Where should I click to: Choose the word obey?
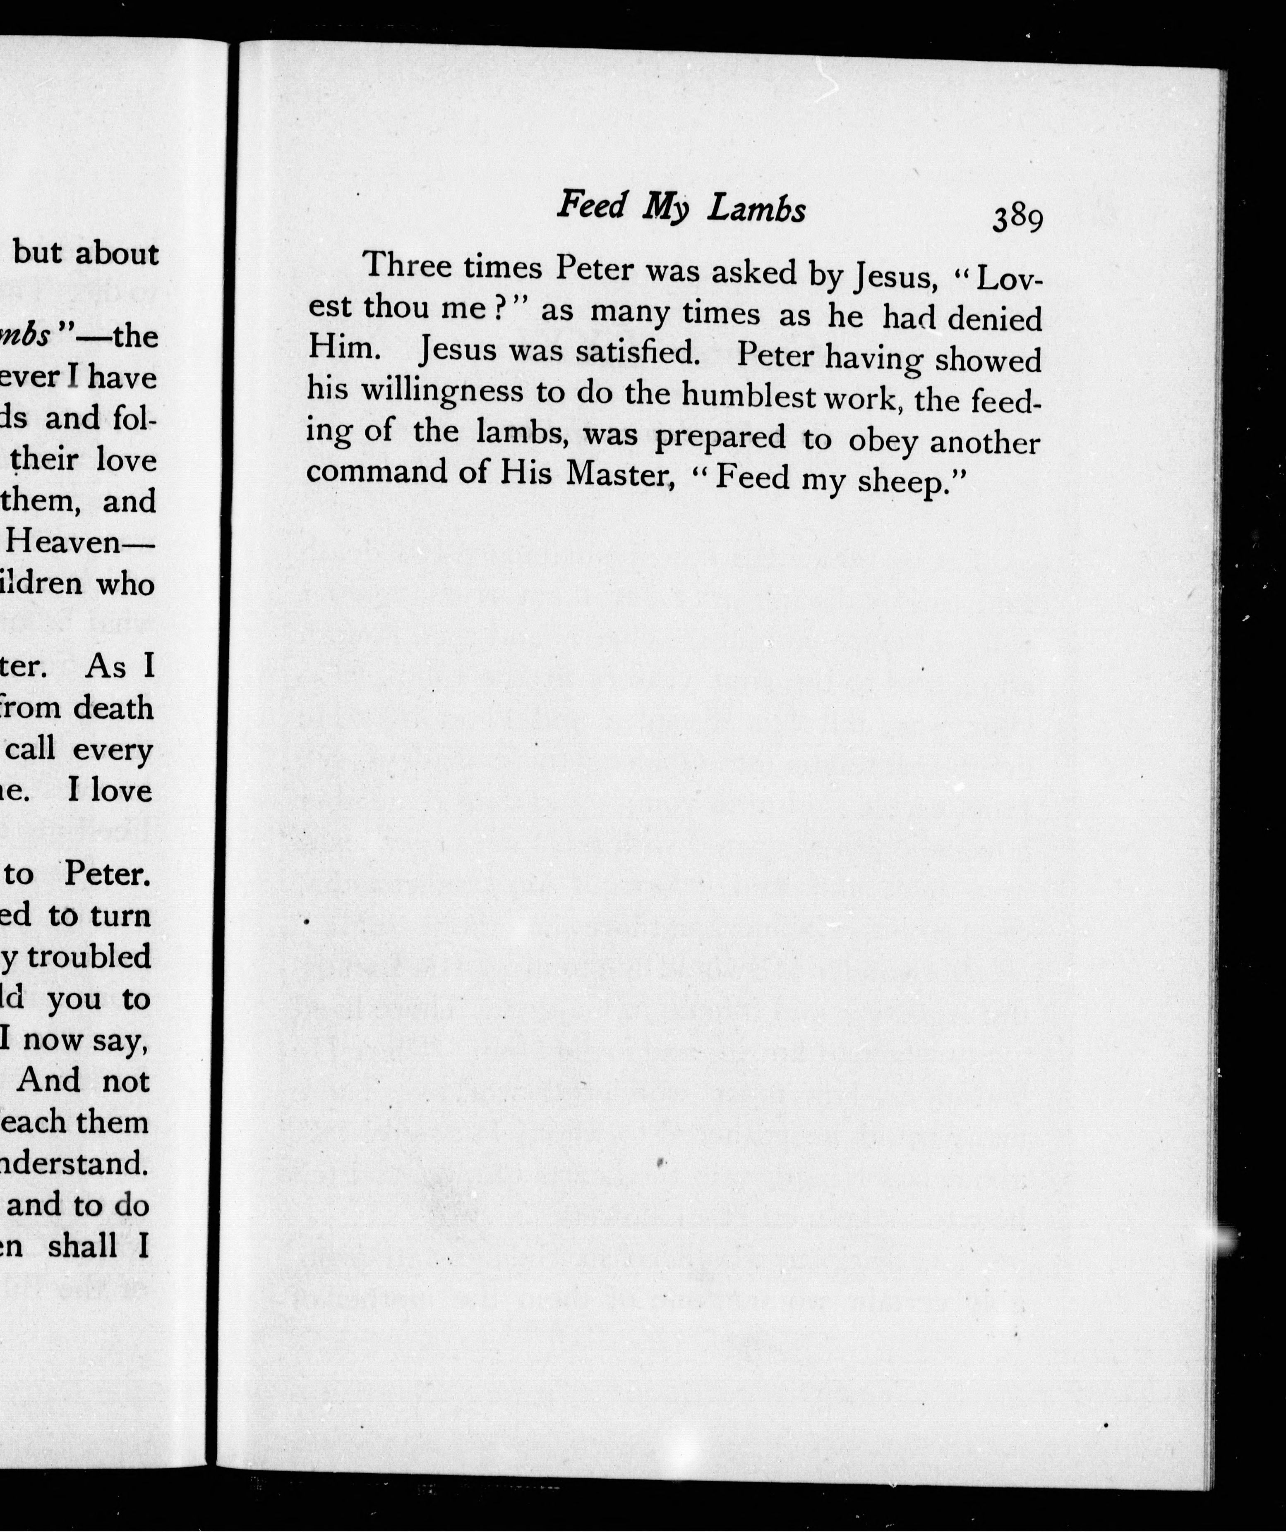883,440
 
